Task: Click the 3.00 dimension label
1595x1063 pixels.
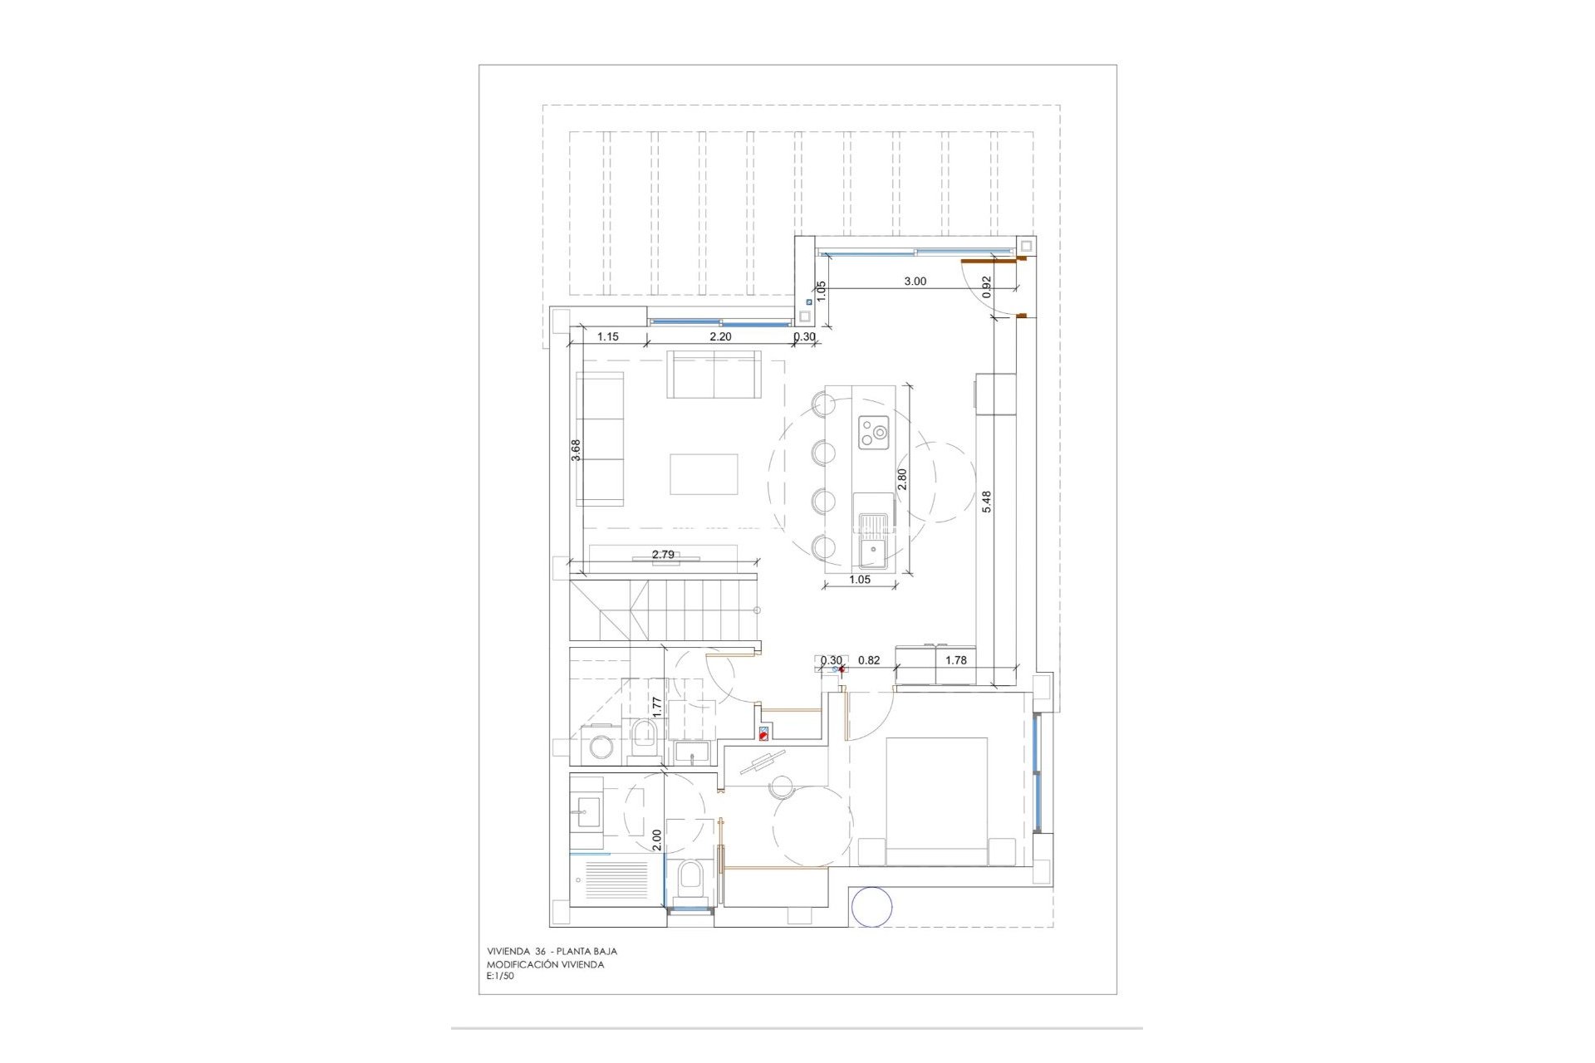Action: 915,282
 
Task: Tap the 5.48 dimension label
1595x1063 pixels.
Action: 986,502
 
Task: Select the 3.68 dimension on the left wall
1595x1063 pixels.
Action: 576,449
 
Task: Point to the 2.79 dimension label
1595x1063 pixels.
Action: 663,555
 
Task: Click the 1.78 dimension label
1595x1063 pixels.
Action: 956,660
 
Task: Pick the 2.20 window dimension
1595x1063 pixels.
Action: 720,337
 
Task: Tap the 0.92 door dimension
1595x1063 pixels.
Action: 987,287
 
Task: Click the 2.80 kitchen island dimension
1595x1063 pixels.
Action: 902,480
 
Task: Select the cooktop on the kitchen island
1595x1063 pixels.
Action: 874,432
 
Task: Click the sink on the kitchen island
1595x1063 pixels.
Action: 873,541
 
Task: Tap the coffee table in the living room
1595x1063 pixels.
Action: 704,474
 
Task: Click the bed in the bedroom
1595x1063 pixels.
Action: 936,801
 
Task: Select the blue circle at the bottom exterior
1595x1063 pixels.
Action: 872,906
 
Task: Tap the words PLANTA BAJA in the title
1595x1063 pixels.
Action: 586,952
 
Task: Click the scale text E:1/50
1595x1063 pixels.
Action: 501,977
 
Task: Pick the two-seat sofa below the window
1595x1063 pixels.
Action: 714,374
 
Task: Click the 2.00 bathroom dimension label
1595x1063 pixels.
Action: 656,840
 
